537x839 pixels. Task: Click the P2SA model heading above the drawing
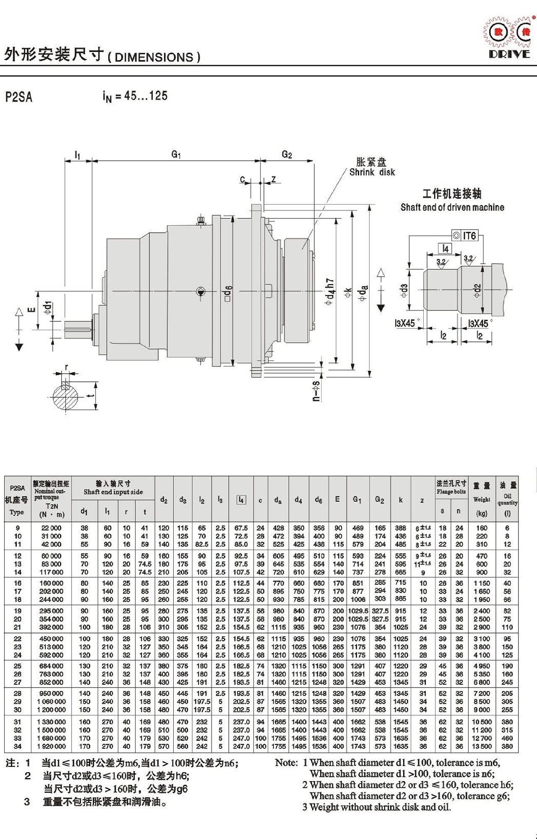19,97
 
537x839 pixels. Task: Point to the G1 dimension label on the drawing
176,154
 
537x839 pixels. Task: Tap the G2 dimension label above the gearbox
287,154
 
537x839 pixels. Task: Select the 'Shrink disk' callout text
372,172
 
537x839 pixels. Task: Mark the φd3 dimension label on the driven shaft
404,290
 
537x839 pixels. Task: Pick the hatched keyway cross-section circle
66,397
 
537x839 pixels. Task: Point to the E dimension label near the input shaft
31,310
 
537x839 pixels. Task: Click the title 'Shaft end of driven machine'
452,207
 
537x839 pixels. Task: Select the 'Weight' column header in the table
482,499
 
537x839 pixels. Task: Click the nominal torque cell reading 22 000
52,528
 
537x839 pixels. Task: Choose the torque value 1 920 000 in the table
52,746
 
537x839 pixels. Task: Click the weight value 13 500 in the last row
482,746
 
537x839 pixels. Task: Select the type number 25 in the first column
17,666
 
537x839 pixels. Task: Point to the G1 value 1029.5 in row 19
358,611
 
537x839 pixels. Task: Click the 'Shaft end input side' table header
113,492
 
